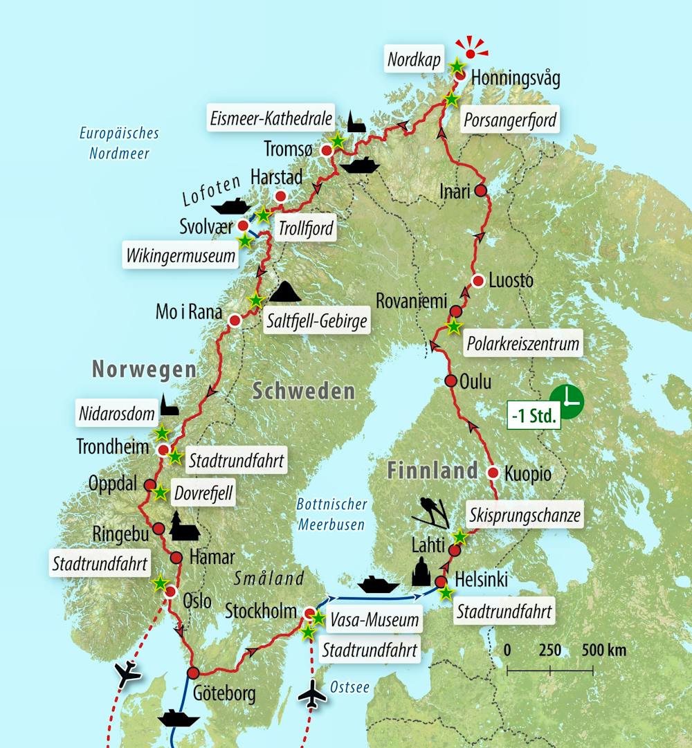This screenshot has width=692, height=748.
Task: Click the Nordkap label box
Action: [x=414, y=60]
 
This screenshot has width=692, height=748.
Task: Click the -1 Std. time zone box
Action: [x=534, y=415]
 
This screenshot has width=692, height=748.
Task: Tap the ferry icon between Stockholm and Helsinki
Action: [x=379, y=584]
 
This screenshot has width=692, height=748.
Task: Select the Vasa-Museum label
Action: [x=374, y=619]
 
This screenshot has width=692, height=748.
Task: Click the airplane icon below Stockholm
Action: [x=313, y=695]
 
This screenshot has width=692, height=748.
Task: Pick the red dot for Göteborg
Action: [x=193, y=672]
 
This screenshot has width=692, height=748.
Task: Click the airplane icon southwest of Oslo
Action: [x=127, y=673]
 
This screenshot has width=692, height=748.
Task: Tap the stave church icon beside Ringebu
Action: [x=184, y=527]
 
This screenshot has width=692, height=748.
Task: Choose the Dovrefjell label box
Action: [x=203, y=493]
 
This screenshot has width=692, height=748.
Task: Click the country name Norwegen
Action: [x=144, y=370]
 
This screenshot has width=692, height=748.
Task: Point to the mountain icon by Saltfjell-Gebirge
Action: [x=284, y=292]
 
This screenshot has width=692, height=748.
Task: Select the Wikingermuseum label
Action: [x=181, y=256]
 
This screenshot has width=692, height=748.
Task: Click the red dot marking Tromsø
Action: [x=327, y=149]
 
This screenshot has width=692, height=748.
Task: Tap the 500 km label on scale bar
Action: [x=604, y=650]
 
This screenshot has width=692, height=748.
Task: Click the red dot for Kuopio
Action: [x=493, y=473]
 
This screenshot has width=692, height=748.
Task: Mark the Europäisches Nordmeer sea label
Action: [x=119, y=143]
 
